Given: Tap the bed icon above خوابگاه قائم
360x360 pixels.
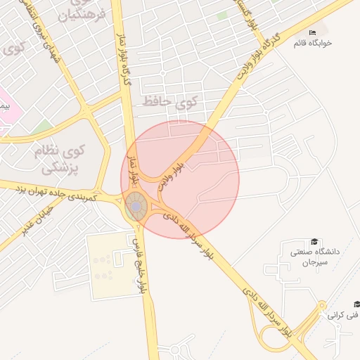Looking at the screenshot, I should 313,32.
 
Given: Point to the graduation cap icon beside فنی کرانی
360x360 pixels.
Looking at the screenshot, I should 356,304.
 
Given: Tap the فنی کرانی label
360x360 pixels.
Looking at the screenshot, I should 343,316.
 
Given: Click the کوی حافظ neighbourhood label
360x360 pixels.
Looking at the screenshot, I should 169,102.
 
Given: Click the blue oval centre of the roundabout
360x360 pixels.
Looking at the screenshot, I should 136,207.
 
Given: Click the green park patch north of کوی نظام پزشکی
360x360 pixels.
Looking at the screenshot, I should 42,127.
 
